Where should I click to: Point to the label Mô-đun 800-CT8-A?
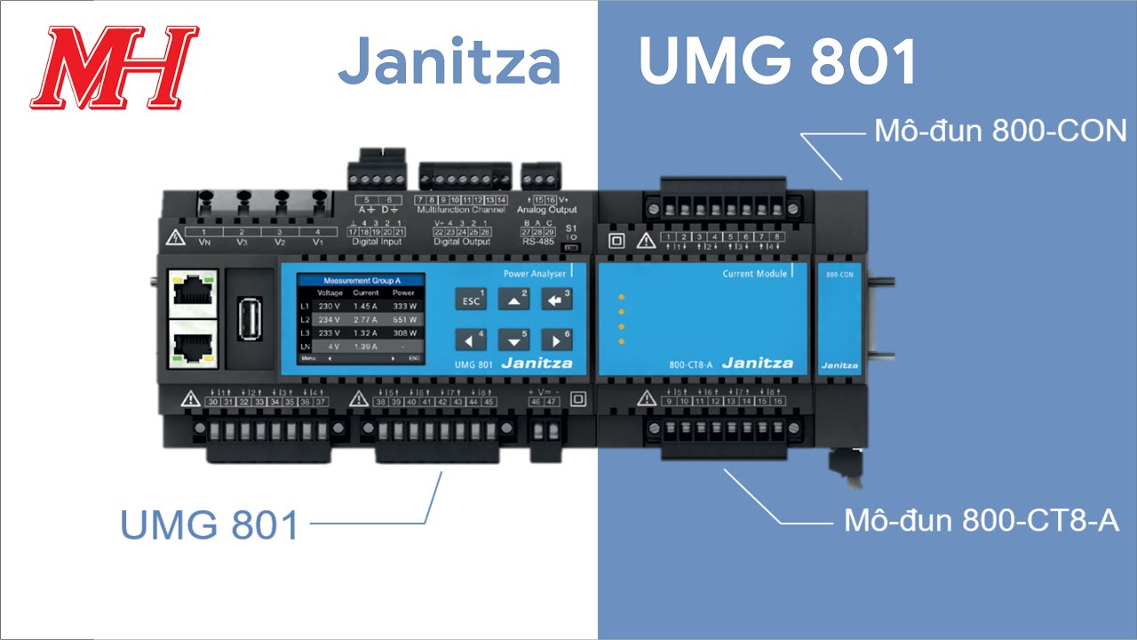click(982, 521)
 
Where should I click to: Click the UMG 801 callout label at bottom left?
click(210, 525)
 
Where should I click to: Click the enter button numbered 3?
click(557, 300)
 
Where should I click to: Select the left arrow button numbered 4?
click(472, 340)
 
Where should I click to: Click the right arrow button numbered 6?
click(557, 340)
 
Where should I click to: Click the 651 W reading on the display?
click(405, 318)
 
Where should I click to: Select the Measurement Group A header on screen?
click(362, 280)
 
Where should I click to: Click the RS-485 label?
click(539, 241)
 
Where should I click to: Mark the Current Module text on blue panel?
click(755, 275)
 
